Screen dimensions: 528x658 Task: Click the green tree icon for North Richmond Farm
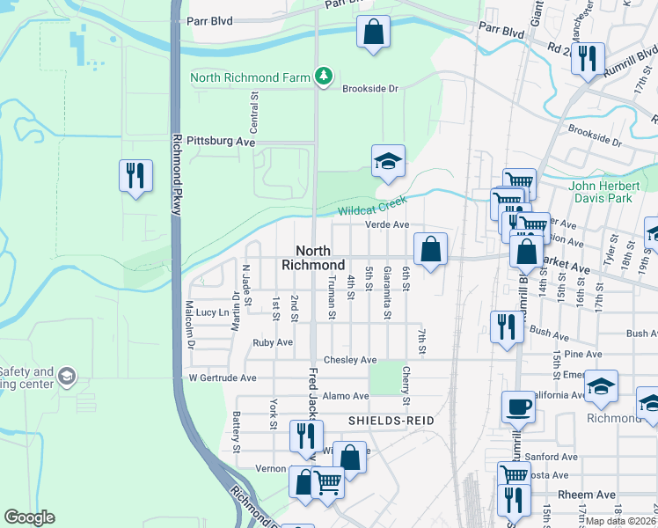(325, 77)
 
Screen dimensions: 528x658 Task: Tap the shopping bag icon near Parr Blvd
(373, 33)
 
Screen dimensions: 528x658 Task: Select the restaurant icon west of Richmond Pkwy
(135, 175)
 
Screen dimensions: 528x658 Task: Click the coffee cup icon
(518, 407)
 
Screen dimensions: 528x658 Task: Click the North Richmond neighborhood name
(313, 258)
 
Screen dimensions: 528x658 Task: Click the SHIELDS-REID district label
(391, 422)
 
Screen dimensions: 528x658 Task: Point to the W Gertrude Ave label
(223, 378)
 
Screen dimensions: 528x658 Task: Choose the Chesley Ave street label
(349, 360)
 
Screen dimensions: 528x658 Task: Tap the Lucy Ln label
(212, 312)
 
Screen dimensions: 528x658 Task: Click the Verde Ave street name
(388, 224)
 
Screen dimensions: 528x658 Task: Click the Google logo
(29, 517)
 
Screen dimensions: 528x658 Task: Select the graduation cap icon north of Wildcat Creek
(388, 161)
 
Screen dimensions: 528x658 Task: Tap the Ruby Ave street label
(272, 342)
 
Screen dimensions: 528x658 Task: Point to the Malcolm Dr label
(189, 325)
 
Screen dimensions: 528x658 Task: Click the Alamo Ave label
(348, 396)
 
